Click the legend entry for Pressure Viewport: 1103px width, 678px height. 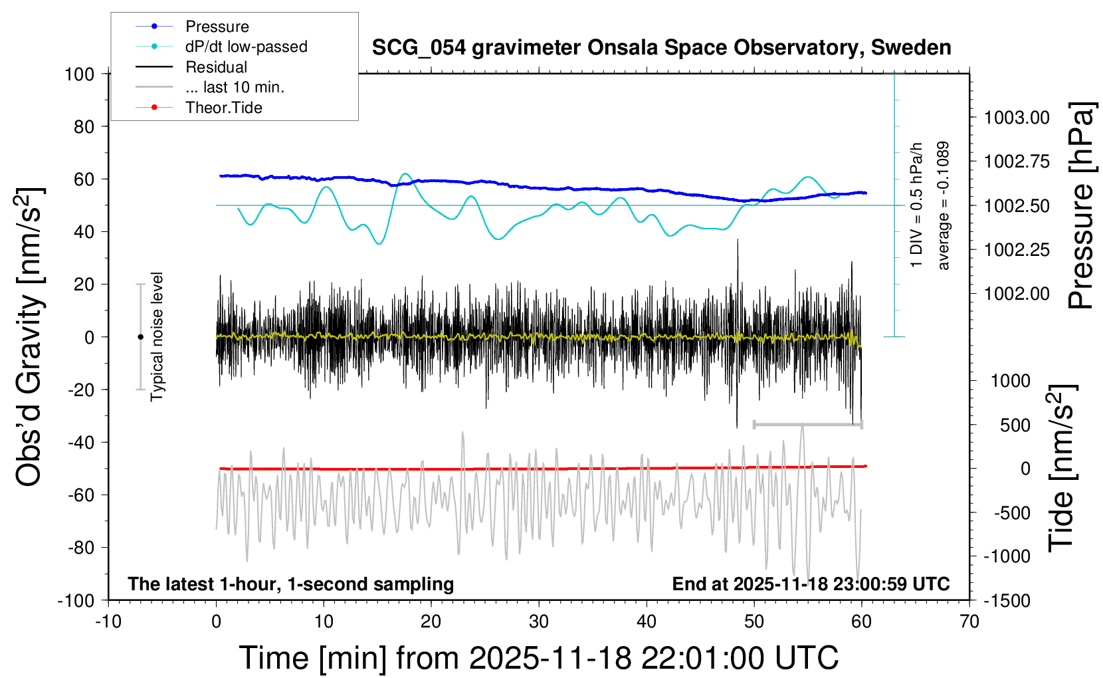[217, 27]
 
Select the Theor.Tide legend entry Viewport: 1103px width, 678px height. [223, 108]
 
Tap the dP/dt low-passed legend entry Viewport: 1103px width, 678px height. [246, 47]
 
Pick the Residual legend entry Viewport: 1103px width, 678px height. [216, 67]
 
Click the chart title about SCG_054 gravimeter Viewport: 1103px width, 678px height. [661, 48]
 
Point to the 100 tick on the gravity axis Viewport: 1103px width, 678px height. [79, 74]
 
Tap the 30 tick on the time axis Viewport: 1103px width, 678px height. [538, 621]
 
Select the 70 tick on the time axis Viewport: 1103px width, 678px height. [969, 621]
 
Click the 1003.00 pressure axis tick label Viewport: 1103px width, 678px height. [1017, 118]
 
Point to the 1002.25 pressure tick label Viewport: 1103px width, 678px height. [1017, 250]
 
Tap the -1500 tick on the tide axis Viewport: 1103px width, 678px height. [1007, 600]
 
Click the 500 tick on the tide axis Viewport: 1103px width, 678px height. [1015, 425]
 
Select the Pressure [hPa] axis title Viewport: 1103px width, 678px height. [1080, 206]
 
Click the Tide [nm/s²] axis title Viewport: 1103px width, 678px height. [1062, 467]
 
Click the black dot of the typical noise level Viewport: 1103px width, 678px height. [140, 337]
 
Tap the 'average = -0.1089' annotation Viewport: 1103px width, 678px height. [943, 205]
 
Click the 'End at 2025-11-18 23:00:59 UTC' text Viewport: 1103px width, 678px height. [811, 584]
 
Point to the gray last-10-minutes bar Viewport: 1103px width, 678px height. [807, 424]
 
